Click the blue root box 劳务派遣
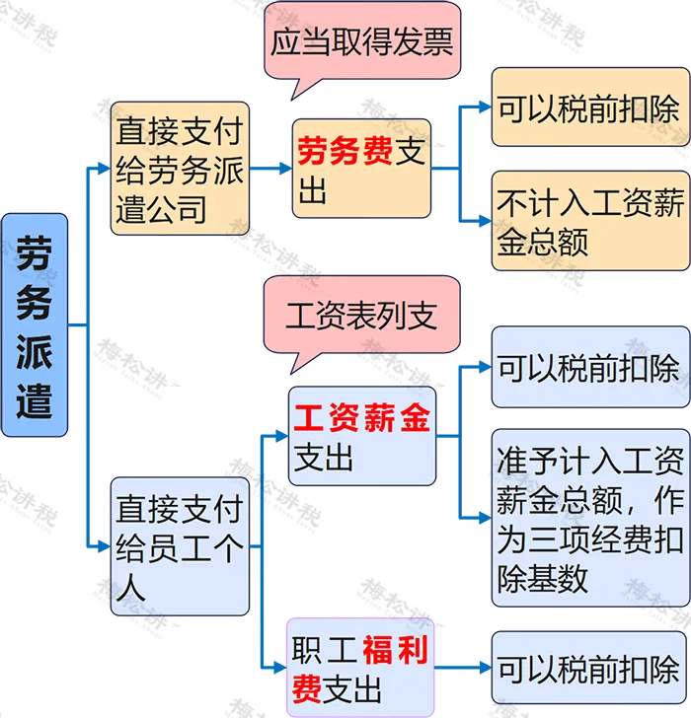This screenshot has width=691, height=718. (35, 324)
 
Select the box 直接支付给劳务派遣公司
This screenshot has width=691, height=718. (179, 169)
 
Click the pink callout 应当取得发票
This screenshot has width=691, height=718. (361, 41)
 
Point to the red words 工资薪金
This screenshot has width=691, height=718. (362, 419)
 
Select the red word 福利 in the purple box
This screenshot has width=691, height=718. (396, 652)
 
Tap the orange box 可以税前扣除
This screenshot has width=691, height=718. (589, 108)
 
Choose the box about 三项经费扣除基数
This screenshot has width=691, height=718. (589, 517)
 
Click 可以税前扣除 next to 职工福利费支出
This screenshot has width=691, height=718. (589, 670)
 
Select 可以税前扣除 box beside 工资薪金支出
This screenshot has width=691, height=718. (589, 369)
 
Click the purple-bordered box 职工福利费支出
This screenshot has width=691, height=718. (360, 668)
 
